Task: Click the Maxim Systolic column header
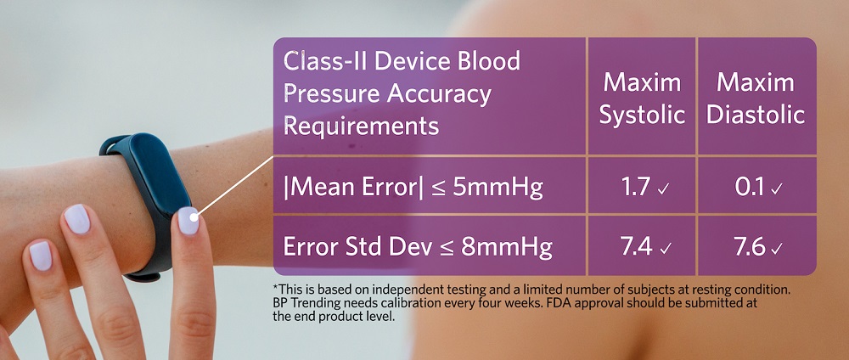point(642,99)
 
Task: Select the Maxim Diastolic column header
point(756,99)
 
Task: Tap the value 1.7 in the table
point(636,187)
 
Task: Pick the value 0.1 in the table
point(749,187)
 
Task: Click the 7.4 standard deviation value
point(636,246)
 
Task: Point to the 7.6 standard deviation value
point(750,246)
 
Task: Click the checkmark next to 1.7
point(663,189)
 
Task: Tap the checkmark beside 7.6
point(777,249)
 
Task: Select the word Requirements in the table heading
point(361,127)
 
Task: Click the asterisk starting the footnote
point(276,287)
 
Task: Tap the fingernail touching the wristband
point(188,221)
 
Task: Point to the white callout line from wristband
point(235,186)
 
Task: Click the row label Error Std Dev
point(357,247)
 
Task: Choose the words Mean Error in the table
point(353,188)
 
